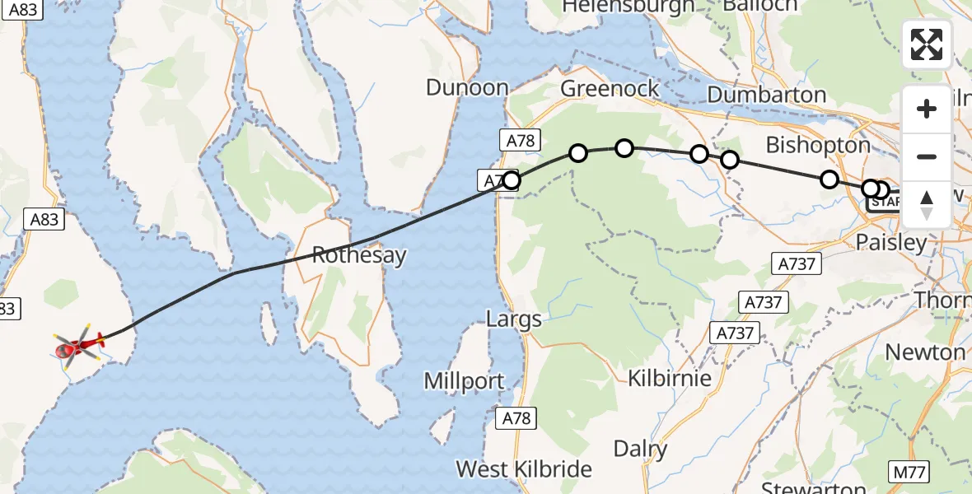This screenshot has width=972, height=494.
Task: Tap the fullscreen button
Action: (x=927, y=44)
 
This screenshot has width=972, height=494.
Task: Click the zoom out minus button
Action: (x=927, y=156)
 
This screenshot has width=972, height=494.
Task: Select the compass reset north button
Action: (x=927, y=204)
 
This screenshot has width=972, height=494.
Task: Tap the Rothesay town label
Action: (x=360, y=255)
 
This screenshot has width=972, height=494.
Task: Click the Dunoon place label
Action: (x=467, y=88)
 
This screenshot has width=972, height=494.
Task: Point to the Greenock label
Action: (x=610, y=89)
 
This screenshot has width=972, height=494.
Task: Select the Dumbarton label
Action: (x=766, y=95)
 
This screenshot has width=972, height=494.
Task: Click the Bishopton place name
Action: (x=818, y=145)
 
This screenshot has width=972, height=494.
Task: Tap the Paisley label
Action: (x=891, y=243)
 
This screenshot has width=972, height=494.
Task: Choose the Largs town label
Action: (x=514, y=319)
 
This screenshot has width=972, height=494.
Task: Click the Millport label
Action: (x=464, y=381)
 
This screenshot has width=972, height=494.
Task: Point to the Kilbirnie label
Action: (x=670, y=379)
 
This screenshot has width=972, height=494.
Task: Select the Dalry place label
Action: (x=641, y=450)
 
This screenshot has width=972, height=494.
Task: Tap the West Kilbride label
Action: (x=524, y=469)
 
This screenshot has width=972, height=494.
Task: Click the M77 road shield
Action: (x=909, y=473)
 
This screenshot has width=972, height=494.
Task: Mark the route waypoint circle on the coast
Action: (x=511, y=180)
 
